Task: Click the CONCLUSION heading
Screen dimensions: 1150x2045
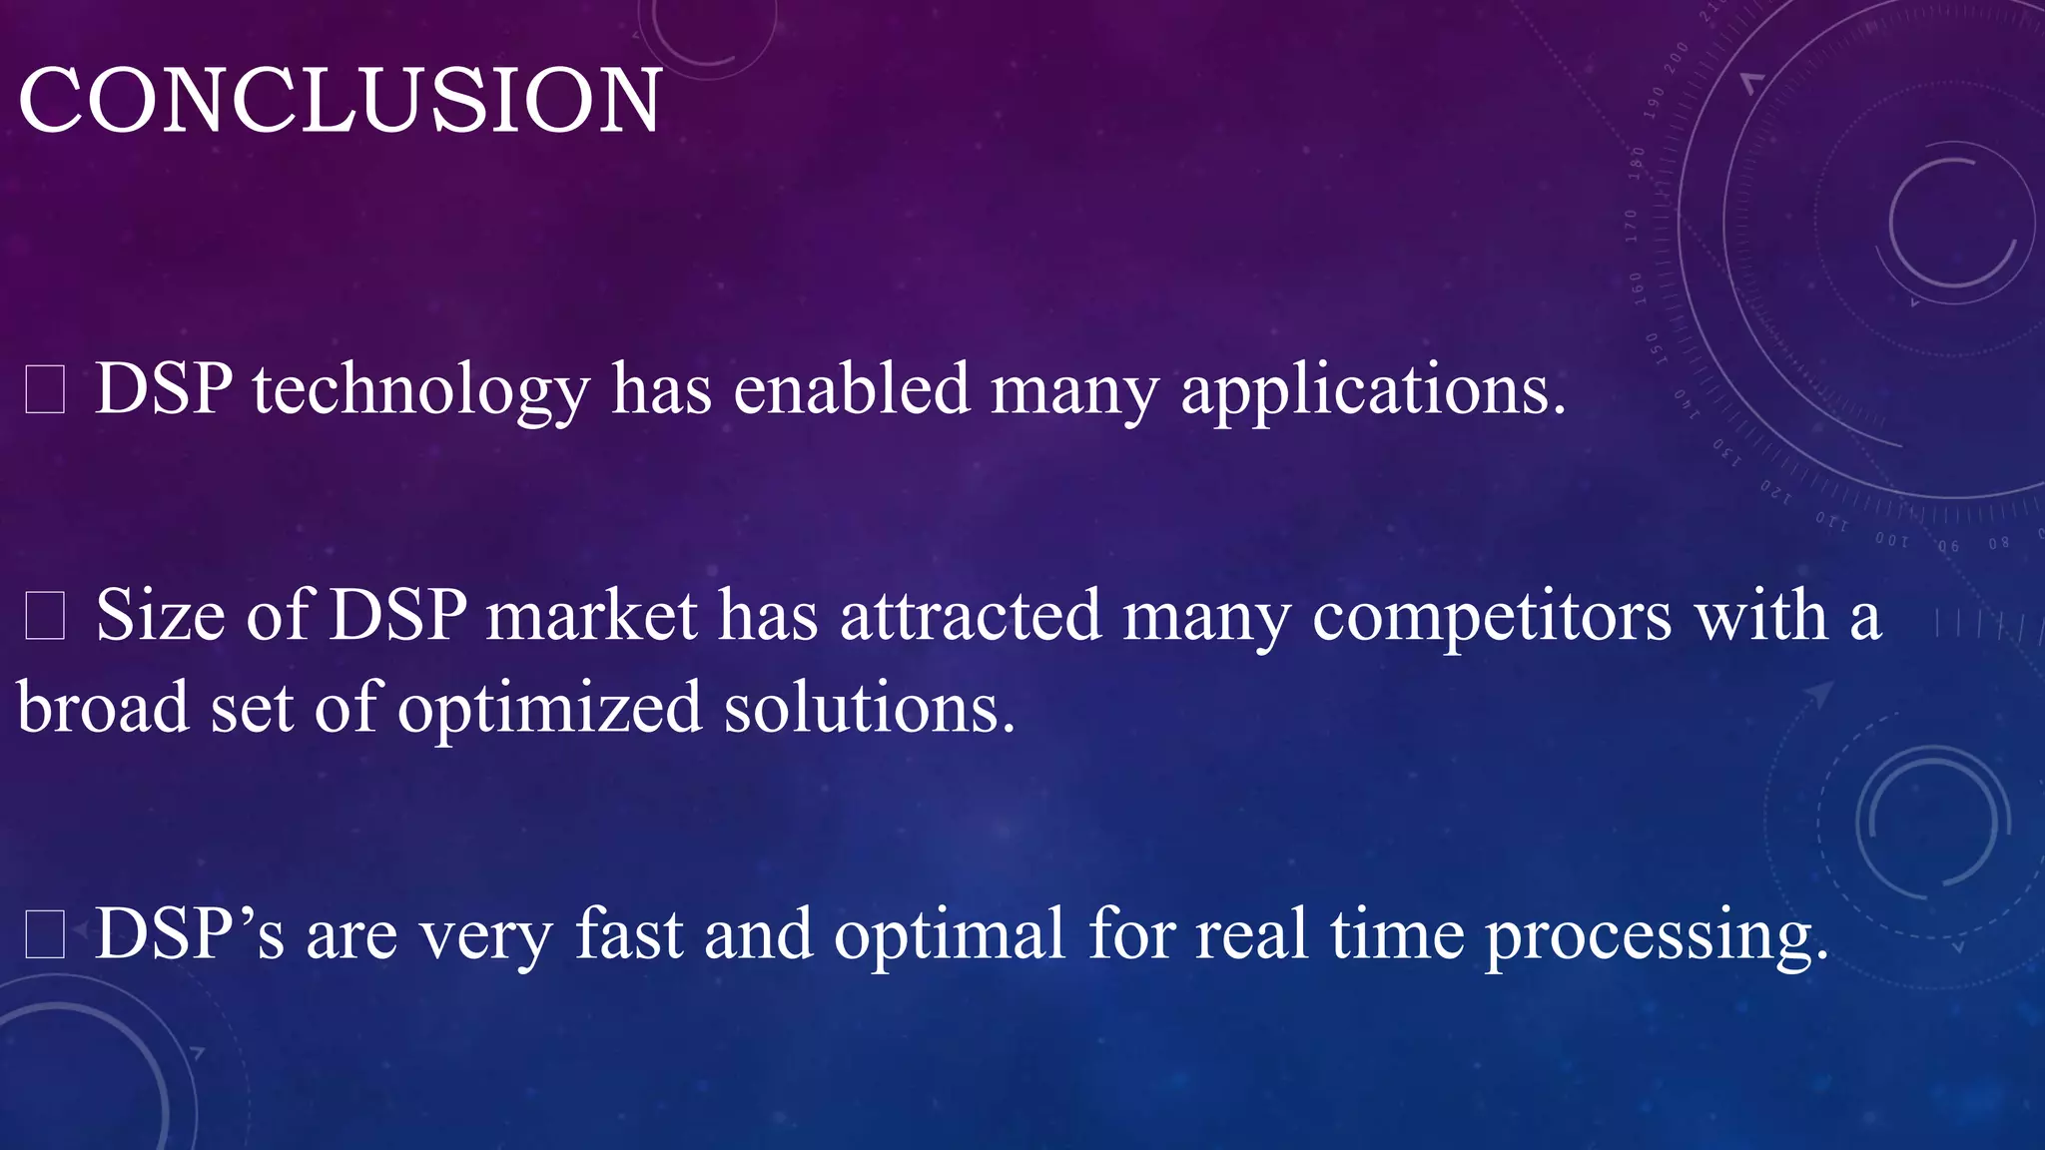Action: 340,100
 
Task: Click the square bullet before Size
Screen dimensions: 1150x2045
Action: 45,616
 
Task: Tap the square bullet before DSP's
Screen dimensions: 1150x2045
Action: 45,935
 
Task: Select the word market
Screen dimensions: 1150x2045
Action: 591,616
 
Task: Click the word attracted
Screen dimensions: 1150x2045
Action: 970,616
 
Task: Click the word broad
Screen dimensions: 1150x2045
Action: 103,708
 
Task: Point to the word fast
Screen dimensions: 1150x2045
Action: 628,935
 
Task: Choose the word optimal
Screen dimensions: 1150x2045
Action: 950,935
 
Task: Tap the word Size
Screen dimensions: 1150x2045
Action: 160,616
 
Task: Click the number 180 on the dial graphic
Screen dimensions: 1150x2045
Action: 1636,163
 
